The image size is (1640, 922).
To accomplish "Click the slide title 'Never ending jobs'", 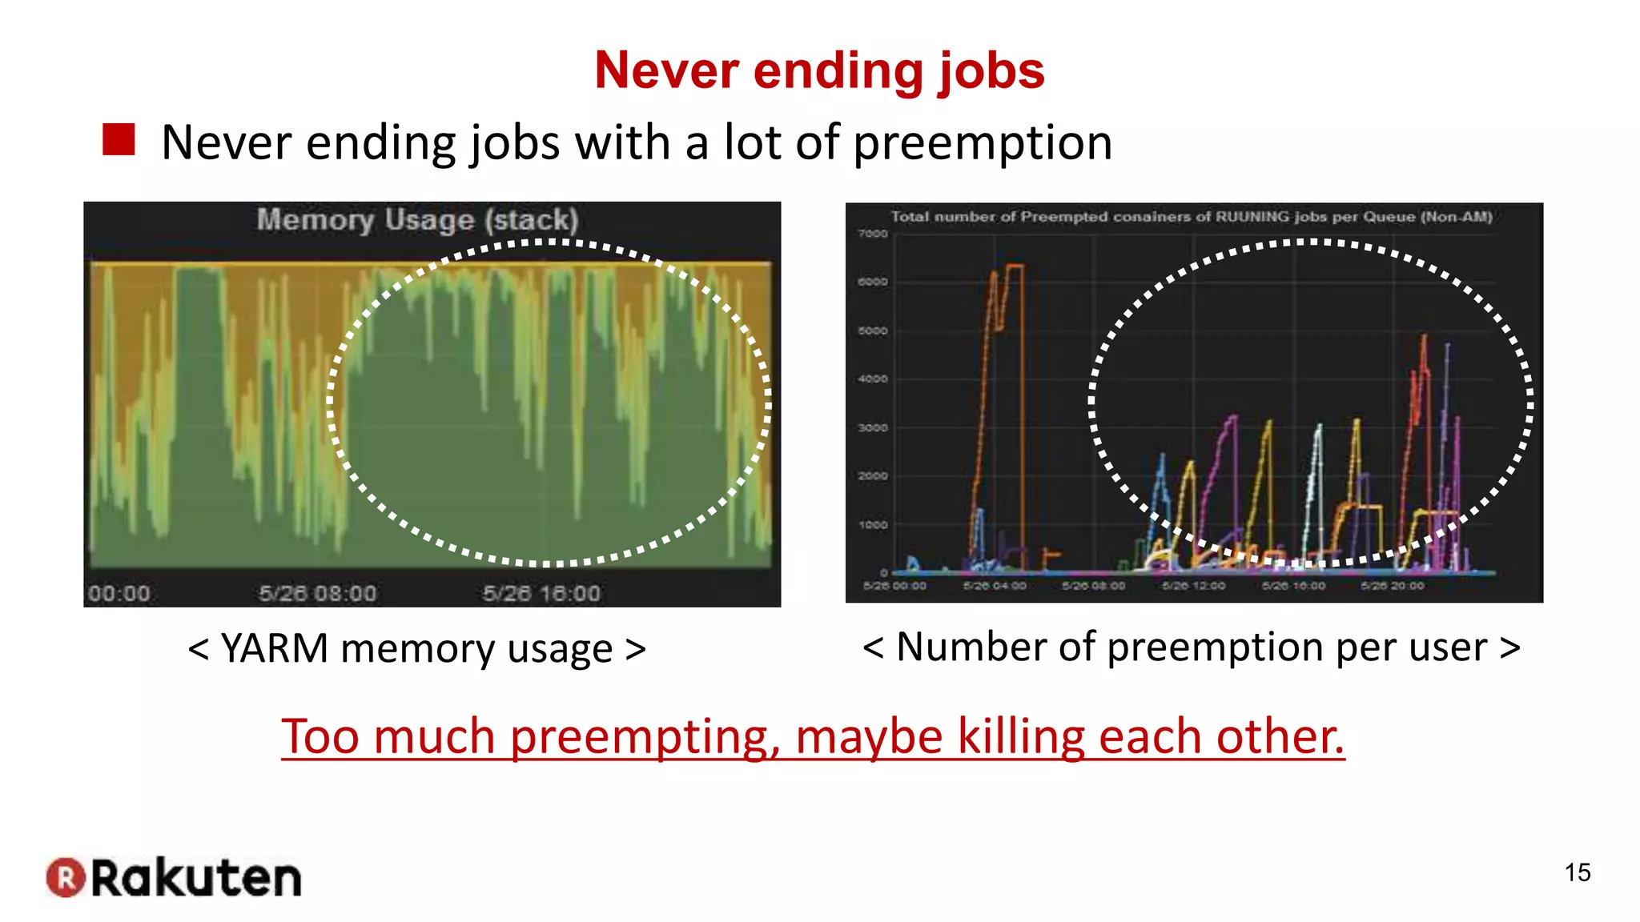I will pyautogui.click(x=819, y=70).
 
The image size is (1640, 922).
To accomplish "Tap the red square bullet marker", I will pyautogui.click(x=119, y=140).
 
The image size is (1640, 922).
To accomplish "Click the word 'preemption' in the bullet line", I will pyautogui.click(x=983, y=143).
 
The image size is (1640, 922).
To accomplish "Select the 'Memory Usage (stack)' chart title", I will pyautogui.click(x=417, y=219).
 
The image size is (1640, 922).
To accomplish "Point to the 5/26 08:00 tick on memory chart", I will pyautogui.click(x=317, y=594).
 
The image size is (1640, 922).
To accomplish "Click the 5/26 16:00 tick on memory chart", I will pyautogui.click(x=541, y=594).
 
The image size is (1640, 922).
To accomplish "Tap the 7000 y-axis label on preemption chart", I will pyautogui.click(x=873, y=234).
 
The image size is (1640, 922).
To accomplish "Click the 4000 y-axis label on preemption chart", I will pyautogui.click(x=873, y=379).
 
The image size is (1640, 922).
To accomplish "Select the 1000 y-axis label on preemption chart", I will pyautogui.click(x=873, y=525).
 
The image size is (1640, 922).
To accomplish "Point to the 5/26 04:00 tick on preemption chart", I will pyautogui.click(x=994, y=586).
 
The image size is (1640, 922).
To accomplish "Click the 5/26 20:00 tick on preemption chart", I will pyautogui.click(x=1393, y=586).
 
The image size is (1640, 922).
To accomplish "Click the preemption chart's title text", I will pyautogui.click(x=1192, y=217).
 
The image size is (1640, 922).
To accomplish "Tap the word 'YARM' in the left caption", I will pyautogui.click(x=274, y=648).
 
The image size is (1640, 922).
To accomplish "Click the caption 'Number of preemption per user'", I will pyautogui.click(x=1192, y=647).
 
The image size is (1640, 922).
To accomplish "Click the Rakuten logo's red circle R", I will pyautogui.click(x=66, y=877).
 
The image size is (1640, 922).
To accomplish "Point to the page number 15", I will pyautogui.click(x=1578, y=872).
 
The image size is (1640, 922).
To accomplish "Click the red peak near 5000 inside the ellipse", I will pyautogui.click(x=1424, y=340).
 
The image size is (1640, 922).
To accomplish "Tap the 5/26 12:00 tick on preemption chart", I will pyautogui.click(x=1193, y=586).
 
